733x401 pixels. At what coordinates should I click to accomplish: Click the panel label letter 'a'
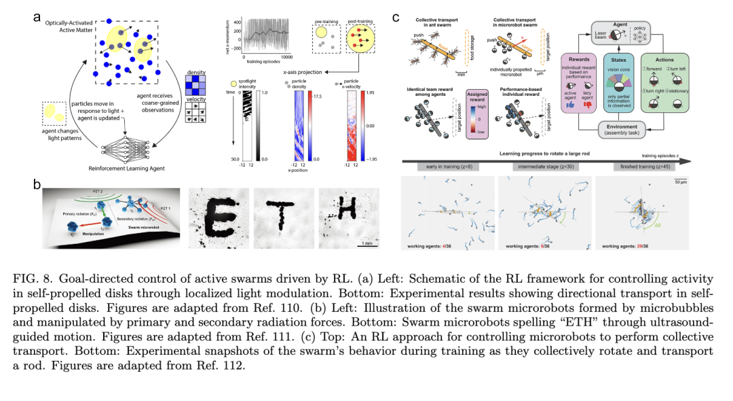click(37, 16)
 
